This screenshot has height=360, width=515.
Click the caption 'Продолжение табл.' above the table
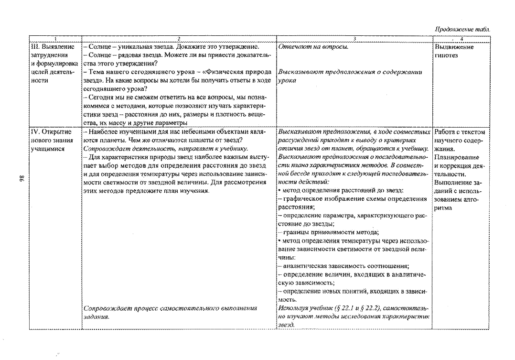(x=462, y=29)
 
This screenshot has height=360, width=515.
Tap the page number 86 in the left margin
(x=22, y=179)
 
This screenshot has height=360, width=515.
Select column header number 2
(x=179, y=39)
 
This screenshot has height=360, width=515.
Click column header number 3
(x=354, y=39)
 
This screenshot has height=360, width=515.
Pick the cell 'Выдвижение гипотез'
(x=454, y=51)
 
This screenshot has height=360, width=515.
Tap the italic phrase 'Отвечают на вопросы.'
(x=313, y=47)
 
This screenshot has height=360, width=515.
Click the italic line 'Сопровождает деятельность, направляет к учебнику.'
(x=166, y=149)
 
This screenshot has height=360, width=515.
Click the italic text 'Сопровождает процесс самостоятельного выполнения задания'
(x=170, y=313)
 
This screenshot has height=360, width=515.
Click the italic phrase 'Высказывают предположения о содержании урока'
(x=350, y=76)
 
